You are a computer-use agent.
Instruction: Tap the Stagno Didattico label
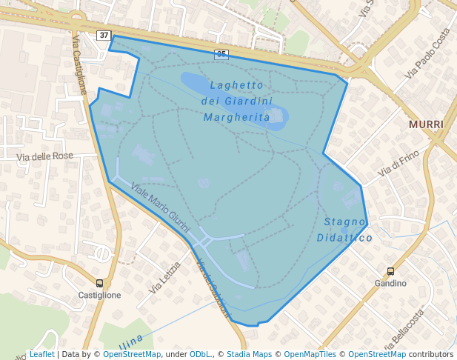point(344,230)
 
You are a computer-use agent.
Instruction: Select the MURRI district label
point(426,124)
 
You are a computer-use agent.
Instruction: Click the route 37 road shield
point(104,35)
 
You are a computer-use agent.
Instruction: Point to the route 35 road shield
point(221,53)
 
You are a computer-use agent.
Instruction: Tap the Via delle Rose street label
point(45,156)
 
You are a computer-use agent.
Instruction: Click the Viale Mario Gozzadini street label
point(160,207)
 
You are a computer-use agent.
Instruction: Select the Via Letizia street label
point(165,278)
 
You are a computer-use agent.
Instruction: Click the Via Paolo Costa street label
point(428,54)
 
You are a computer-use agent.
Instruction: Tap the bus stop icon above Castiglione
point(99,283)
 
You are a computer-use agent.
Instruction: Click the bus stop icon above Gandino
point(390,272)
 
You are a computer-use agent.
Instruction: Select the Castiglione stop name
point(99,295)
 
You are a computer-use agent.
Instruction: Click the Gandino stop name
point(390,284)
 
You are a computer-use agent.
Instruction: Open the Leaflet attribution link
point(41,354)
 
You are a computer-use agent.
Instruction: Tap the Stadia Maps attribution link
point(249,354)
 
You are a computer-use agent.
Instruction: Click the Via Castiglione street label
point(79,63)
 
